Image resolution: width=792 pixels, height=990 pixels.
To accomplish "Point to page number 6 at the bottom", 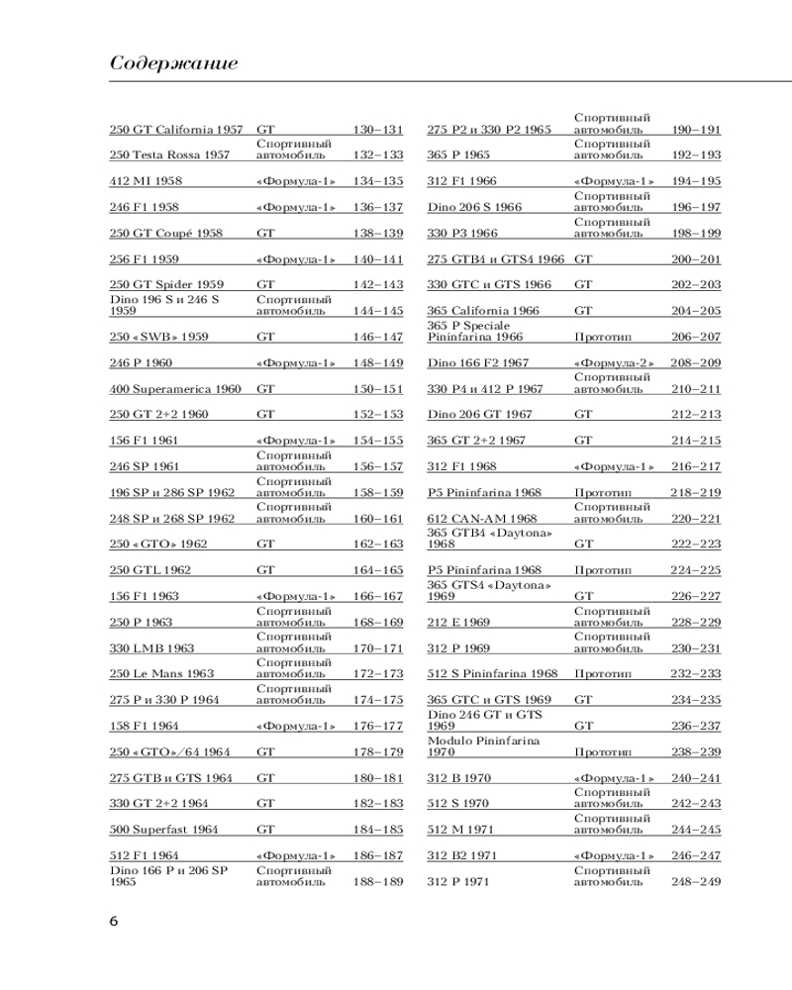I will coord(114,921).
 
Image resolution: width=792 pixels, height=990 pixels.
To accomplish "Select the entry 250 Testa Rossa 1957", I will coord(169,155).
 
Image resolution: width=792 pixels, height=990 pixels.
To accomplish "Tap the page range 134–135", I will coord(378,181).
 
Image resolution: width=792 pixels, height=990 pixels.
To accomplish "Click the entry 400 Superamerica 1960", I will coord(175,389).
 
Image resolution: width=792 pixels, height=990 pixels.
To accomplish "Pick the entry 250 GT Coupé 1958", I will coord(165,234).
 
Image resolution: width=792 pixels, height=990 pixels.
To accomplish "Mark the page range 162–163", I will coord(378,544).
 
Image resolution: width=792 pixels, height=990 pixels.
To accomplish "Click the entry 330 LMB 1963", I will coord(151,648).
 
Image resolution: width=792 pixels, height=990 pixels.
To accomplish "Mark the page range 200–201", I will coord(696,259).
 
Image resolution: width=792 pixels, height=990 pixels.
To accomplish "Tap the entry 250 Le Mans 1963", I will coord(161,674).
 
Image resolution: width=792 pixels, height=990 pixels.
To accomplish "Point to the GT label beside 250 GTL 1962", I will coord(266,570).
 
